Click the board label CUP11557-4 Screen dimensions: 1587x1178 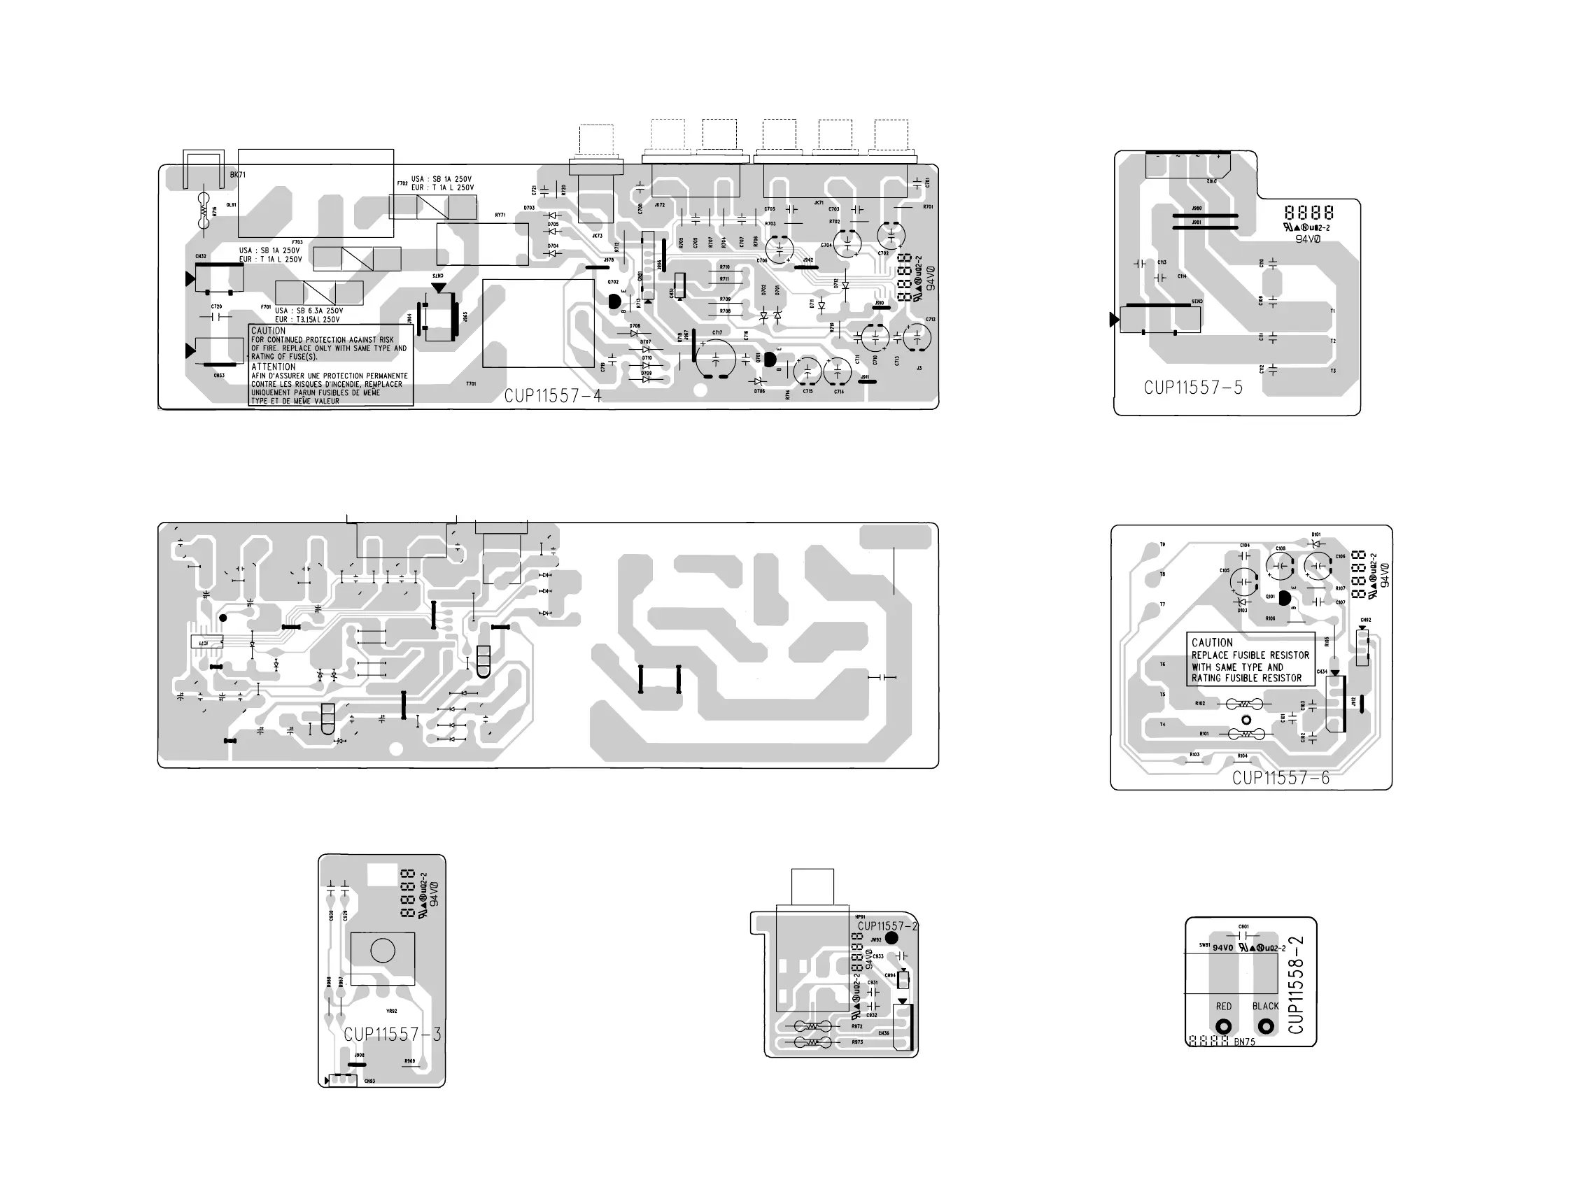[x=553, y=396]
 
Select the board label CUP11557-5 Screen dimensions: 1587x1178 [x=1193, y=388]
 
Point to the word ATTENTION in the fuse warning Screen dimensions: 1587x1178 [x=273, y=367]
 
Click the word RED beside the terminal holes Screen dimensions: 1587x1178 [x=1224, y=1006]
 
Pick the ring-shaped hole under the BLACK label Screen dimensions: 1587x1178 [x=1266, y=1027]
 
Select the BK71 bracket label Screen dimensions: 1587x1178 [x=237, y=175]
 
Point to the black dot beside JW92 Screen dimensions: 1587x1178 [x=891, y=938]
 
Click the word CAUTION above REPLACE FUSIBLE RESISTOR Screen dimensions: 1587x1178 [x=1212, y=642]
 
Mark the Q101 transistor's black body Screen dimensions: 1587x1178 [x=1285, y=597]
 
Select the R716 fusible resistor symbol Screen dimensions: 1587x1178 [x=205, y=212]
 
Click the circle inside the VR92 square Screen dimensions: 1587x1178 [x=383, y=951]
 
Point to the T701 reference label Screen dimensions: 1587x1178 [x=471, y=383]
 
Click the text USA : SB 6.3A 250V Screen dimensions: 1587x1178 [x=309, y=311]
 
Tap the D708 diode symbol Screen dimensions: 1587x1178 [x=635, y=334]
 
